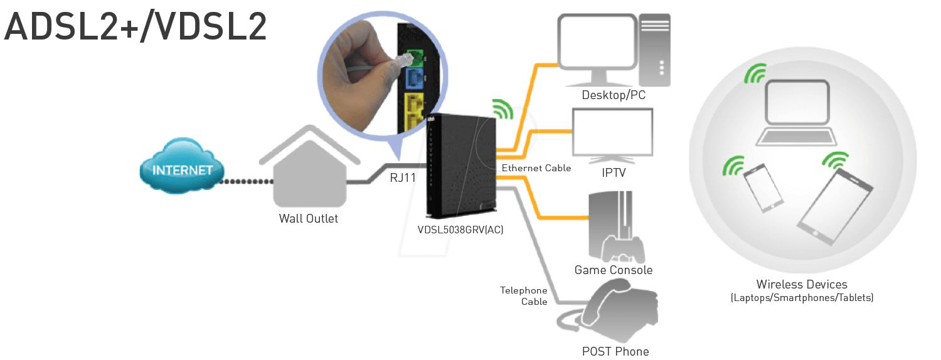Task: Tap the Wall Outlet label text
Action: pyautogui.click(x=308, y=219)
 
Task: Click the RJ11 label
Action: pyautogui.click(x=403, y=178)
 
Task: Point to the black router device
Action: pyautogui.click(x=460, y=166)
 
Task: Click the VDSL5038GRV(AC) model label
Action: pyautogui.click(x=460, y=230)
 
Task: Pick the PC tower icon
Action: pyautogui.click(x=654, y=50)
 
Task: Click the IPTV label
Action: pyautogui.click(x=612, y=172)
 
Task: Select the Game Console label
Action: pyautogui.click(x=613, y=270)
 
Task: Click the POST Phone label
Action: pyautogui.click(x=615, y=351)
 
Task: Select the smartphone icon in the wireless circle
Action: pyautogui.click(x=763, y=188)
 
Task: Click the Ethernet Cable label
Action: pyautogui.click(x=536, y=168)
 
